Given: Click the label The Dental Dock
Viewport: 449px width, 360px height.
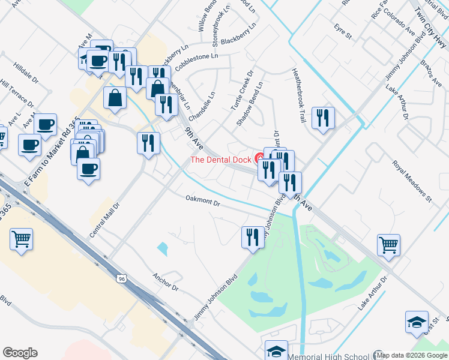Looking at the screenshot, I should tap(221, 160).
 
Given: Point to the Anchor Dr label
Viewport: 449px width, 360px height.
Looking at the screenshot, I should tap(166, 283).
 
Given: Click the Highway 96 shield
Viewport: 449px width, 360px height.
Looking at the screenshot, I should tap(122, 278).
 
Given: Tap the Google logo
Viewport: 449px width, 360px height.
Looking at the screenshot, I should tap(20, 353).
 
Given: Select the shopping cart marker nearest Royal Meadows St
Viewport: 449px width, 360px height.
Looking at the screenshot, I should tap(388, 244).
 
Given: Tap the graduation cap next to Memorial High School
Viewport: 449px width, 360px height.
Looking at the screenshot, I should tap(277, 350).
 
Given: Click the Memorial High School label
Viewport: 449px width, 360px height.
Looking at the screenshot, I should tap(334, 355).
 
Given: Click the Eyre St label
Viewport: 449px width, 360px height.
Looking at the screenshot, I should tap(343, 32).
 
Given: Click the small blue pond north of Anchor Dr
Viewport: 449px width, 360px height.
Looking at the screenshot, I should tap(163, 248).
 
